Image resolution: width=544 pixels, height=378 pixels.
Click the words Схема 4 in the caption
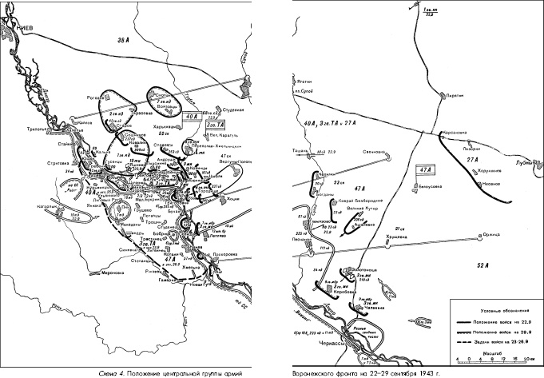click(108, 372)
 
